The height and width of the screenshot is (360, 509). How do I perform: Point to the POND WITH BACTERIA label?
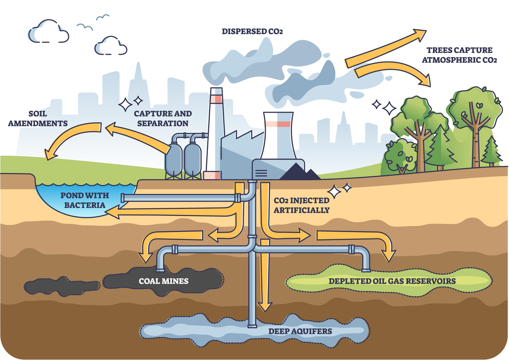[83, 200]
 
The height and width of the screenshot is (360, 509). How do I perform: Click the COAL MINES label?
[164, 281]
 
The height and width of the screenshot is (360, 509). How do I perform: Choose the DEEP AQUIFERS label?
[300, 331]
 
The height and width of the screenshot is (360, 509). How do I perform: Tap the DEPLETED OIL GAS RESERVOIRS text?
[392, 281]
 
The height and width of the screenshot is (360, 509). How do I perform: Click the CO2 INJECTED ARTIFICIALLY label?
[301, 205]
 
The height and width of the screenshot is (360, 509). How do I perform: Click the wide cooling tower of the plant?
[278, 139]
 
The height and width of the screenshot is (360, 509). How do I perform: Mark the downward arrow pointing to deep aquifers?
[264, 278]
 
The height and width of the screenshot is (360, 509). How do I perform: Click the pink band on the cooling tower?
[278, 124]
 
